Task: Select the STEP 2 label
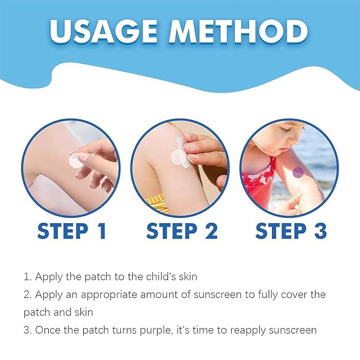pos(181,232)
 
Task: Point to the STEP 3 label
pos(291,232)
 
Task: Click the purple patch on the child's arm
pos(298,172)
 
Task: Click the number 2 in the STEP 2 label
pos(210,232)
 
